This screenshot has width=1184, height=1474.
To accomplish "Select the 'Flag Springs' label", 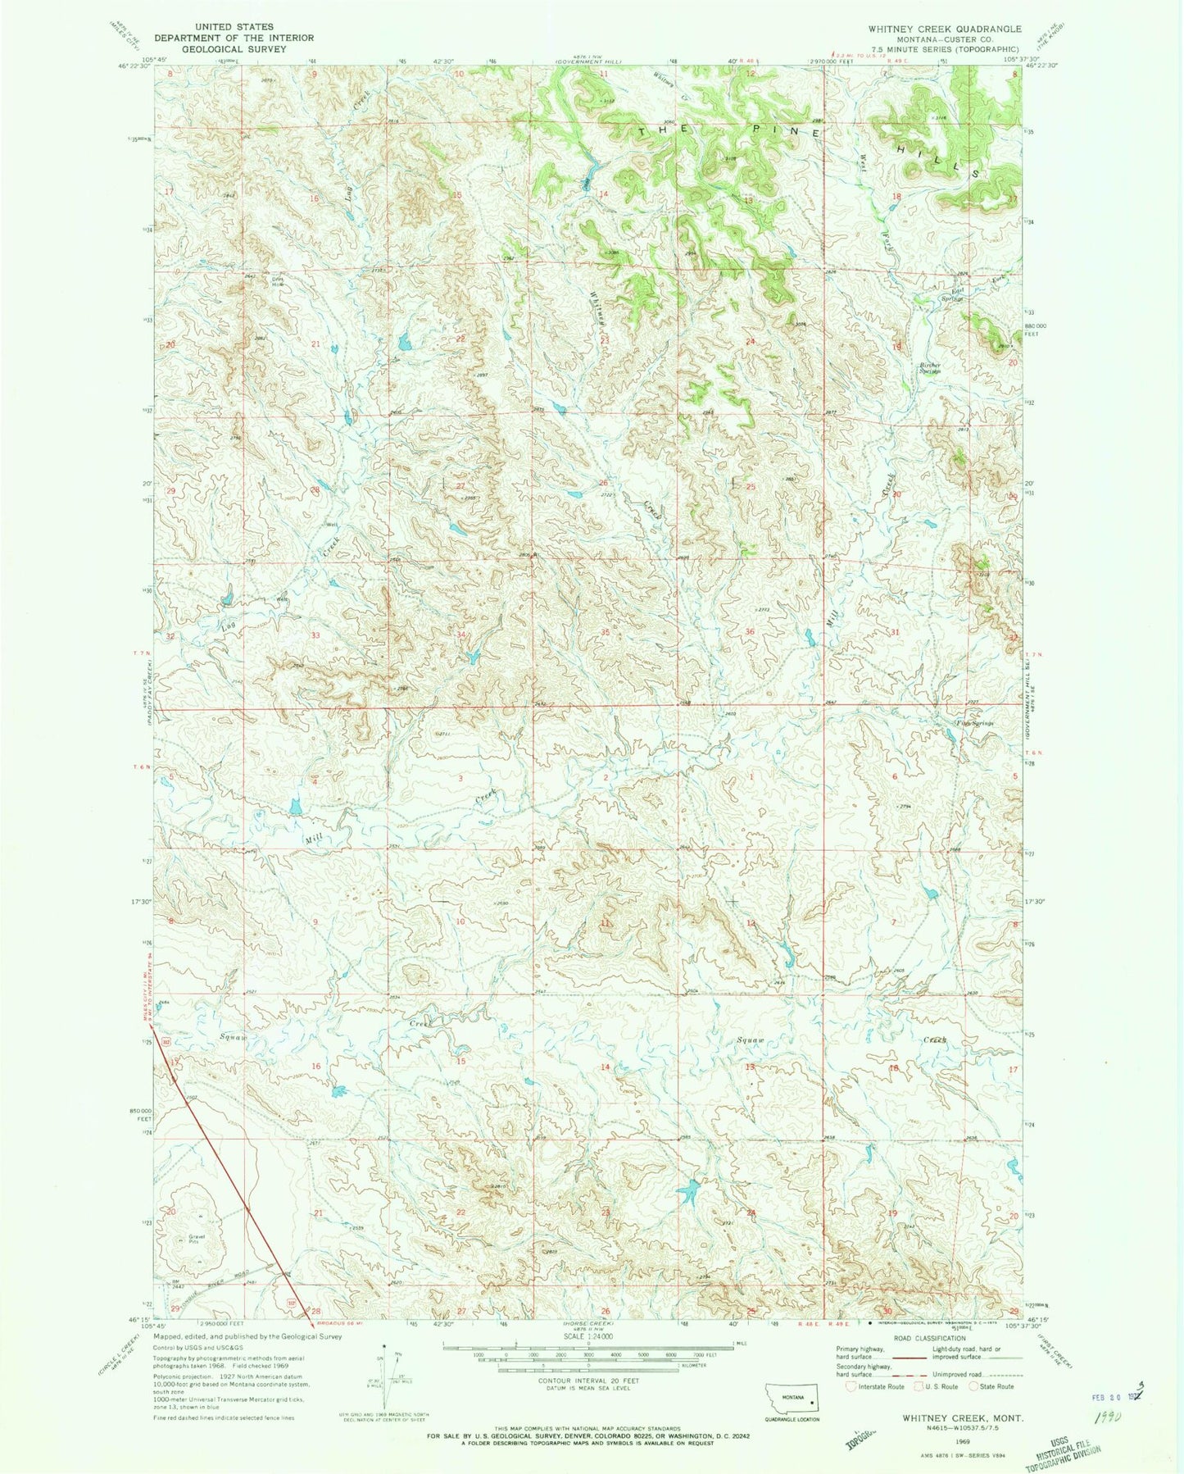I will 974,724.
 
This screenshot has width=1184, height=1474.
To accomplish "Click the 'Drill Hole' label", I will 280,280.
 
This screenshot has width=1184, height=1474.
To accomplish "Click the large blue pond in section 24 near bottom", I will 688,1190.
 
